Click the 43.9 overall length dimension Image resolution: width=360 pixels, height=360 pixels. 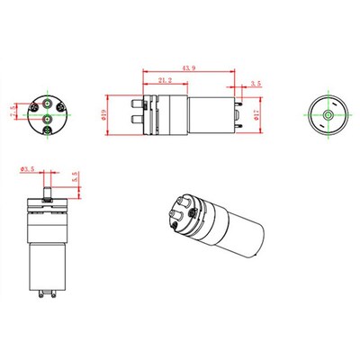click(190, 68)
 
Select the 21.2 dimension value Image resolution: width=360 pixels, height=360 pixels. click(166, 82)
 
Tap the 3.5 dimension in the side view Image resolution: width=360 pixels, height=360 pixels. click(256, 83)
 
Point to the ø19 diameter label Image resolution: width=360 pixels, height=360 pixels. click(105, 114)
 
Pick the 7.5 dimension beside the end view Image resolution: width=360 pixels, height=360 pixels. click(13, 114)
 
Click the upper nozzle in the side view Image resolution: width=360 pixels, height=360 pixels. click(137, 104)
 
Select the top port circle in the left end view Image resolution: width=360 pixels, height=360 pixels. click(47, 104)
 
